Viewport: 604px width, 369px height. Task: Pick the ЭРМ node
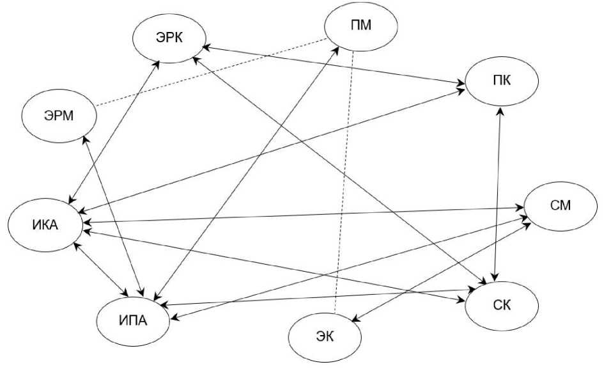pyautogui.click(x=59, y=116)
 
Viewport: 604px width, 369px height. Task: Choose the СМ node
pyautogui.click(x=559, y=206)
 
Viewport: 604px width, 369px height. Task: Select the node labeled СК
pyautogui.click(x=501, y=304)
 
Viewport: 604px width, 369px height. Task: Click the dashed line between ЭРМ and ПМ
pyautogui.click(x=211, y=72)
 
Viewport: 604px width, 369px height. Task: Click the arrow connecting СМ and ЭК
pyautogui.click(x=440, y=272)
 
